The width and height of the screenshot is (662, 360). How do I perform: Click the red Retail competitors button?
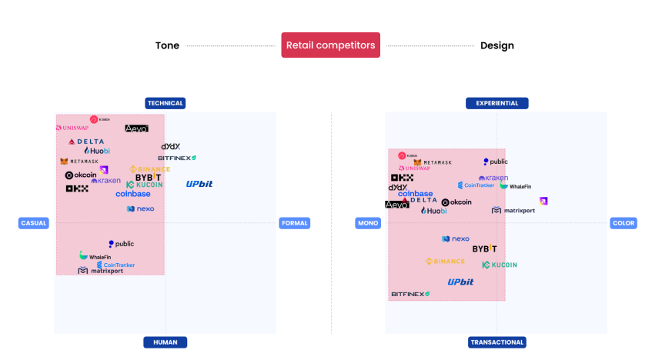click(331, 45)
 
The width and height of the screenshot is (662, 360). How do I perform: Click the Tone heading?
click(167, 45)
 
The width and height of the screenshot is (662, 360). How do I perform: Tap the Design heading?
click(496, 45)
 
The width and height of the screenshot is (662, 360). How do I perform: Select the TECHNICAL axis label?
click(165, 103)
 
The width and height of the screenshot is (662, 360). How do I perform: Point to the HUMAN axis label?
click(165, 342)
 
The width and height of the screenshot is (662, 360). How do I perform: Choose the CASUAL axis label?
click(34, 223)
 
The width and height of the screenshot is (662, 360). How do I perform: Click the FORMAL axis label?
click(295, 223)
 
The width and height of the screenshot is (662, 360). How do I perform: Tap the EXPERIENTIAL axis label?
click(496, 103)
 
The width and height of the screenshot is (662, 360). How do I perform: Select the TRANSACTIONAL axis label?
click(496, 342)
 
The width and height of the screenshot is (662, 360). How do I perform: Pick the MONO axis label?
click(367, 223)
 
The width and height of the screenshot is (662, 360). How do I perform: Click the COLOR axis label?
click(624, 223)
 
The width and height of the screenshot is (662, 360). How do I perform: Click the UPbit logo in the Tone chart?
click(199, 184)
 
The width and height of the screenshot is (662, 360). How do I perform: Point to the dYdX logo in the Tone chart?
click(171, 146)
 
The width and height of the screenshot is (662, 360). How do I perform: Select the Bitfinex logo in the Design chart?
click(410, 294)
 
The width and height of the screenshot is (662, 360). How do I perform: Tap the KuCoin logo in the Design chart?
click(500, 265)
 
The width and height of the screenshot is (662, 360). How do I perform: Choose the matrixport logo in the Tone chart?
click(101, 271)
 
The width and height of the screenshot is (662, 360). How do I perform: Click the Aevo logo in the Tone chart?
click(136, 128)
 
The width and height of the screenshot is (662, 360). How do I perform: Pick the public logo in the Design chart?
click(496, 162)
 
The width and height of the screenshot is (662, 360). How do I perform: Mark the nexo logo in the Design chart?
click(456, 239)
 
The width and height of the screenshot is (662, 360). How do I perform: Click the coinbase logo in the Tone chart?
click(133, 194)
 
